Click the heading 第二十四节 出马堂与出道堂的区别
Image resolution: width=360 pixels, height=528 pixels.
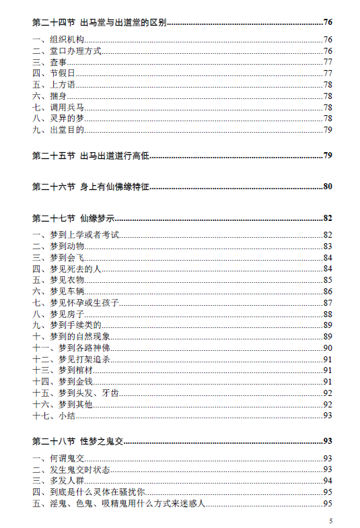click(100, 22)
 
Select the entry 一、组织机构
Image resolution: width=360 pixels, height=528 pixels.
click(55, 40)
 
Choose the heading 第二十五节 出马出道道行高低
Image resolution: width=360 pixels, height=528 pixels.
click(90, 156)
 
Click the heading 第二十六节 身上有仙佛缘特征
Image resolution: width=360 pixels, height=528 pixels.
click(90, 187)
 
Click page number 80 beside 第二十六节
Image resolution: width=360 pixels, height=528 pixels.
click(328, 187)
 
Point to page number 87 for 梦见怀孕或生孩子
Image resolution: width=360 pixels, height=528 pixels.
click(328, 302)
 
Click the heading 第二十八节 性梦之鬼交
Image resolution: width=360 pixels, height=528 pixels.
click(78, 441)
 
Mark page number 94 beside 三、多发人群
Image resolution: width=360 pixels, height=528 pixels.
click(328, 481)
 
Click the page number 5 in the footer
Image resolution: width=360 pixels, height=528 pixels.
click(330, 521)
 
